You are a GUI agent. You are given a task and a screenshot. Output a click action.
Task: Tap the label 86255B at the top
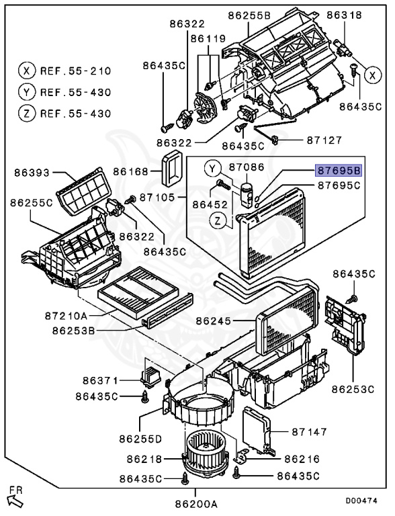click(x=249, y=14)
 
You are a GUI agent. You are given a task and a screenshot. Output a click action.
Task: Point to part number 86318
click(x=344, y=14)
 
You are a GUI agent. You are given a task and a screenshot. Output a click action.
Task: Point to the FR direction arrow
click(x=13, y=498)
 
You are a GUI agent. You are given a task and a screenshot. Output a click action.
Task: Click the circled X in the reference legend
click(x=26, y=71)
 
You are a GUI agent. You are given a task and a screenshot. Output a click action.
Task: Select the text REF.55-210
click(x=75, y=71)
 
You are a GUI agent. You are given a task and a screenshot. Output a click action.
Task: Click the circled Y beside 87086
click(x=212, y=167)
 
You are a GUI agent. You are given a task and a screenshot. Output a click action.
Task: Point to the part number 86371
click(x=101, y=380)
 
